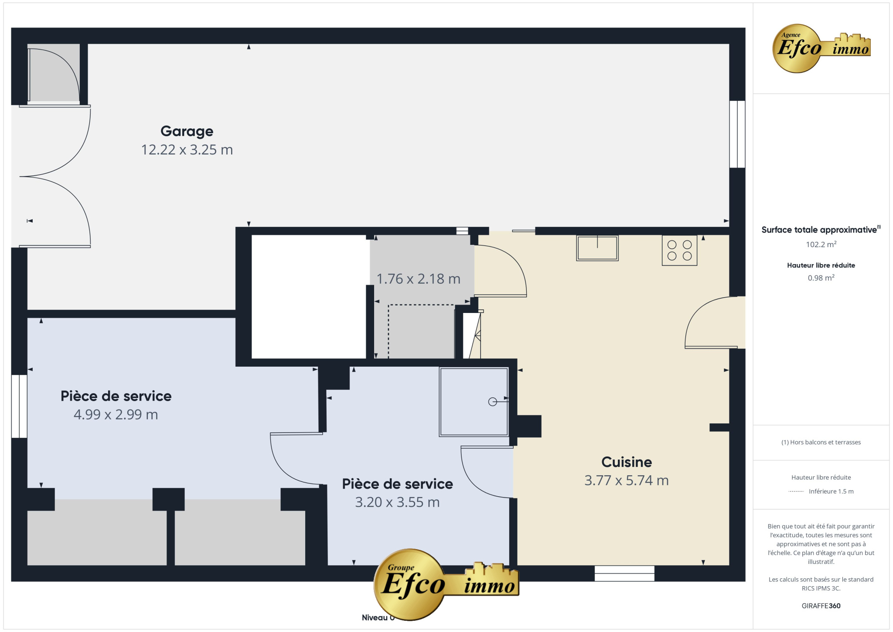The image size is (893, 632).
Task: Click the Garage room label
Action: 187,131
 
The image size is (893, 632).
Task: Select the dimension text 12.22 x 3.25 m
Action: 187,150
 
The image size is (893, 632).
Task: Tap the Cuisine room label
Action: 627,462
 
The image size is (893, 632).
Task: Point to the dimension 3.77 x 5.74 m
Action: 627,480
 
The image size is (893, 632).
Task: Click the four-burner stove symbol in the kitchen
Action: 679,251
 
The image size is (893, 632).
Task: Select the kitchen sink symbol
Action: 597,248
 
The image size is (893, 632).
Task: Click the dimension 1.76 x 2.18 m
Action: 418,278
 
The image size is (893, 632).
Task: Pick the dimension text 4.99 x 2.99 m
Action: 116,414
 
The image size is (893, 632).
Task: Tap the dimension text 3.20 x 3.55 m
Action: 397,502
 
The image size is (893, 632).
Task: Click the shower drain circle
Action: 493,402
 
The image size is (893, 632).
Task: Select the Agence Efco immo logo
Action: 821,48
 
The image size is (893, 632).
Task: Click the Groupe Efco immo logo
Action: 446,584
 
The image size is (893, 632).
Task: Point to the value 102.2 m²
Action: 821,244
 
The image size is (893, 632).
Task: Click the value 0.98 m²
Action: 821,278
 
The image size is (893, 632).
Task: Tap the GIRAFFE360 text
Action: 821,606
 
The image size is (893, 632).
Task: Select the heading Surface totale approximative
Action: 819,230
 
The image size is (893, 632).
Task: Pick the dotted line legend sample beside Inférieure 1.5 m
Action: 796,491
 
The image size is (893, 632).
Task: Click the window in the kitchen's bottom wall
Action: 624,573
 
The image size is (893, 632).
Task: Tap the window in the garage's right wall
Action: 737,134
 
